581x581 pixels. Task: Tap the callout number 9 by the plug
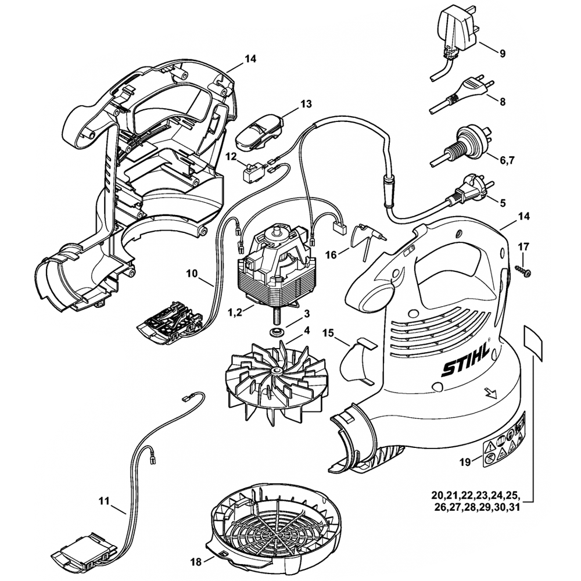(502, 53)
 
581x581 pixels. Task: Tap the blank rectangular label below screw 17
(533, 343)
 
